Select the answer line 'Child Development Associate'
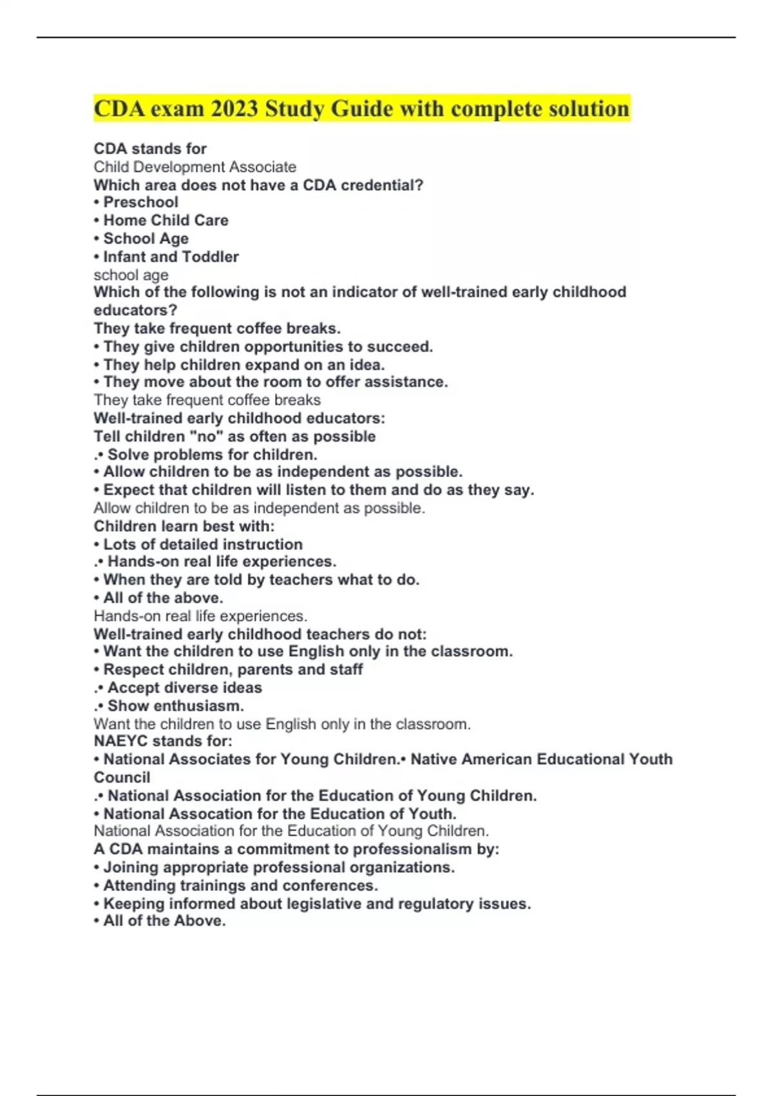[x=195, y=167]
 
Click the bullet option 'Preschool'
[x=140, y=202]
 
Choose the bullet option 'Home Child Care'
[x=166, y=220]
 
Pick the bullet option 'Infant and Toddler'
[x=171, y=257]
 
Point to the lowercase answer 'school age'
[x=131, y=275]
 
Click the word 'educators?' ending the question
[x=135, y=310]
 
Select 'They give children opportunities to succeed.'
[x=268, y=347]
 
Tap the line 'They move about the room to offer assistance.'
[x=275, y=382]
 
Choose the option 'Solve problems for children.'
[x=212, y=455]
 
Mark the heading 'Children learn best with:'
[x=184, y=526]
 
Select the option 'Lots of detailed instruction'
[x=203, y=544]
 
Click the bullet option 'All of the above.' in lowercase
[x=163, y=598]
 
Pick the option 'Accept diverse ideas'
[x=184, y=688]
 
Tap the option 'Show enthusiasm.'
[x=175, y=706]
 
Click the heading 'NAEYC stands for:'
[x=163, y=741]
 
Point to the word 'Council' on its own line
[x=122, y=778]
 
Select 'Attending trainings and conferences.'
[x=240, y=885]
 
